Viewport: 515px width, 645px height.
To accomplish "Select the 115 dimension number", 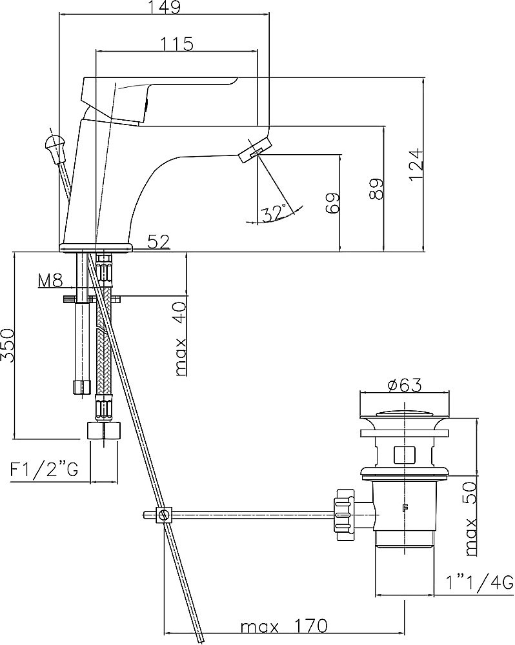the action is (x=176, y=44).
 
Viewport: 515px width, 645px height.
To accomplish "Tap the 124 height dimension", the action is (x=417, y=164).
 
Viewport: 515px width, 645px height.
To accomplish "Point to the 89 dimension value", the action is (x=376, y=189).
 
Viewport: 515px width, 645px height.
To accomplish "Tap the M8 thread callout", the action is (x=50, y=281).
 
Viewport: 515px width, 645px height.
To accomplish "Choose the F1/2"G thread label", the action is (x=44, y=470).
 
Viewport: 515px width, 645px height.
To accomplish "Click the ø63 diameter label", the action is (x=404, y=386).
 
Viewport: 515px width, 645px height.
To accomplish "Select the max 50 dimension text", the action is (x=470, y=519).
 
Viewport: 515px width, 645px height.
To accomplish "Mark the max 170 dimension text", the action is (x=284, y=626).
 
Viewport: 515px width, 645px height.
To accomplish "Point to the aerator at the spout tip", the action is (x=255, y=150).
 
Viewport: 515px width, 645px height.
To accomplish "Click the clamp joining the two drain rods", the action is (x=163, y=515).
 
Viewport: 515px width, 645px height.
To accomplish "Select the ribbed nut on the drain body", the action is (x=345, y=515).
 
